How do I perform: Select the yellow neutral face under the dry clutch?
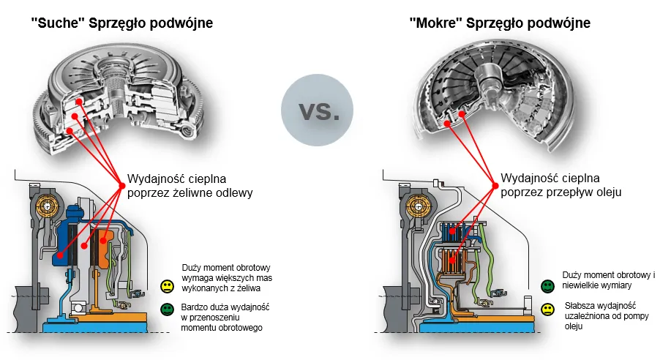pos(168,285)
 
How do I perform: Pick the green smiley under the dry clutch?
pos(168,310)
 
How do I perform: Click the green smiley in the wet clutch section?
pos(547,285)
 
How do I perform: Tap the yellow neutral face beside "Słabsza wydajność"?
pos(547,310)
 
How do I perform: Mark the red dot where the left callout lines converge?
pos(121,184)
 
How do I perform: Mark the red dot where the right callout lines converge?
pos(492,184)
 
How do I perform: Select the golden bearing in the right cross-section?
pos(419,206)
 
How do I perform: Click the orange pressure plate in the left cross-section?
pos(105,245)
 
